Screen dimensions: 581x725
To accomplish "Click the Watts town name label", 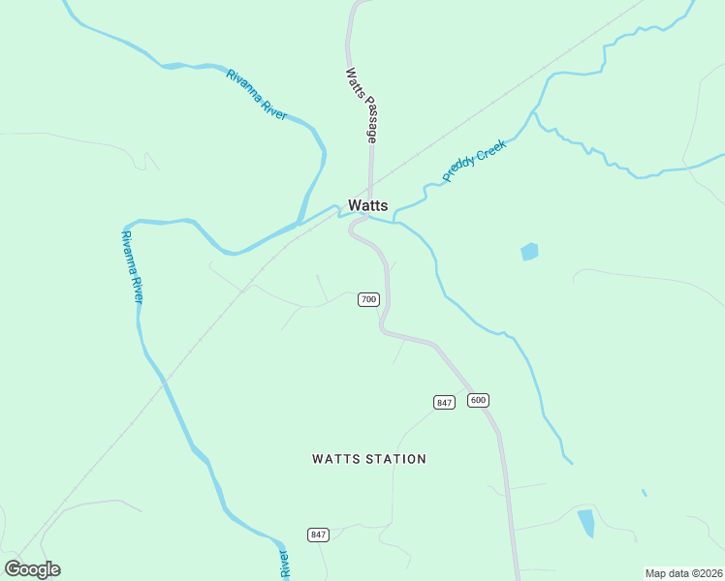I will pyautogui.click(x=368, y=205).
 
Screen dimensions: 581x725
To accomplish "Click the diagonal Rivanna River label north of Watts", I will pyautogui.click(x=257, y=95).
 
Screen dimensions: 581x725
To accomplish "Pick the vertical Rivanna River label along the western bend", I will pyautogui.click(x=132, y=266).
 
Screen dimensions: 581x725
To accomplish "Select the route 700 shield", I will pyautogui.click(x=368, y=299).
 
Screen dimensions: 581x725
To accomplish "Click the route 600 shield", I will pyautogui.click(x=478, y=400).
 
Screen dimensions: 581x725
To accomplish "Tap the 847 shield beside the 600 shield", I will pyautogui.click(x=444, y=402).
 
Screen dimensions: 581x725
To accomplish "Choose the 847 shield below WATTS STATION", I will pyautogui.click(x=319, y=535).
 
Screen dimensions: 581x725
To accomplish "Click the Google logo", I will pyautogui.click(x=33, y=568).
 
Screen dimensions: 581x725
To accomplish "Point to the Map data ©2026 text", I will pyautogui.click(x=683, y=573).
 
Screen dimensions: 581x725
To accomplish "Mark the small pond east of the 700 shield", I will pyautogui.click(x=529, y=252).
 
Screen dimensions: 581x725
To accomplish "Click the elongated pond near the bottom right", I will pyautogui.click(x=586, y=523).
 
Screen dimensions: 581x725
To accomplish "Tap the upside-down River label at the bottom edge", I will pyautogui.click(x=285, y=564).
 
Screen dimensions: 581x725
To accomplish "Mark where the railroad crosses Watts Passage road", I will pyautogui.click(x=369, y=187).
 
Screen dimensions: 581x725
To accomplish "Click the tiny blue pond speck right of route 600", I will pyautogui.click(x=645, y=493).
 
